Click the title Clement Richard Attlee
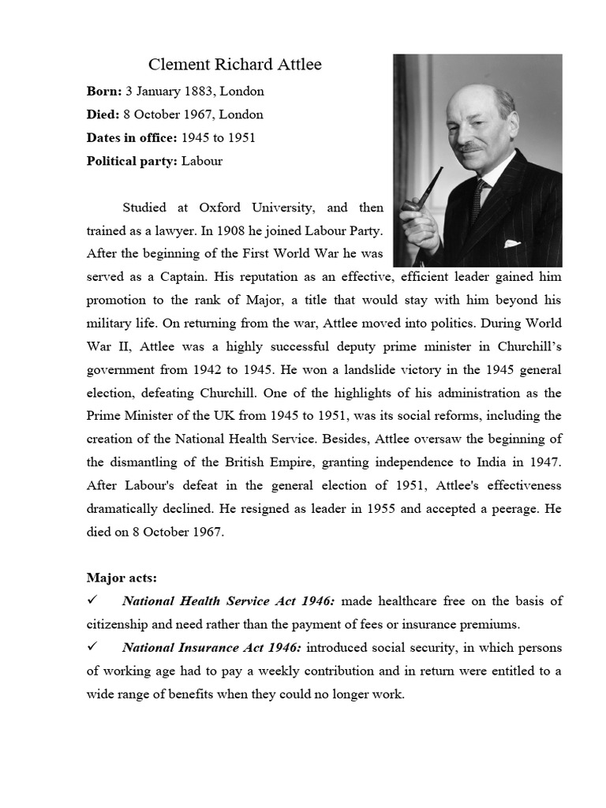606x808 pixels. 235,65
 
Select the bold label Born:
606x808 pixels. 103,91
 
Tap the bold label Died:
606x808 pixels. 103,114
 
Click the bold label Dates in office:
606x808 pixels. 132,138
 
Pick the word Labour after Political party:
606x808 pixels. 202,161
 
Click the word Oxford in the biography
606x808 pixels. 219,208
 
